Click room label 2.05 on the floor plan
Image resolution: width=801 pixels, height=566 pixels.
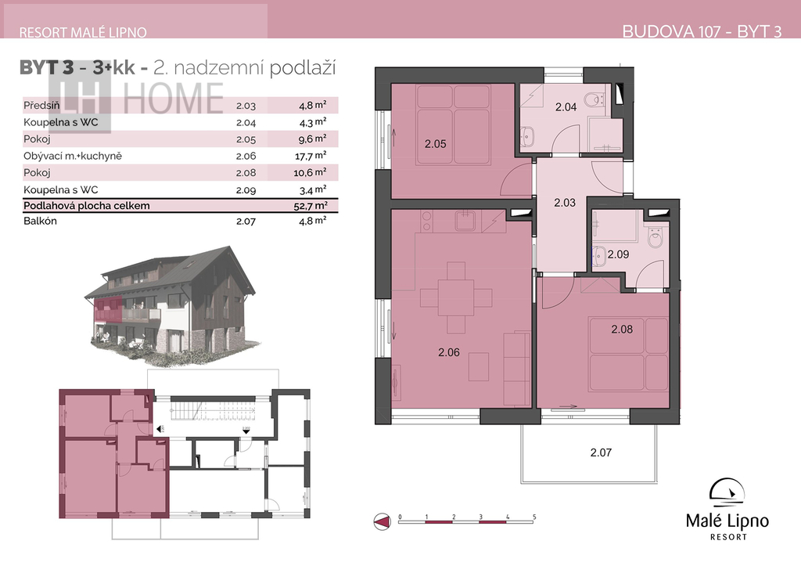(435, 144)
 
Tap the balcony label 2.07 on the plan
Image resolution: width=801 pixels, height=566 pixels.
(601, 452)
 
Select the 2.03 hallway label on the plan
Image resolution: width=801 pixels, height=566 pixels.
(565, 203)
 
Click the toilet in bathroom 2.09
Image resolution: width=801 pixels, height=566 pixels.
(656, 237)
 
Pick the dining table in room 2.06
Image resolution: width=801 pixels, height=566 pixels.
(456, 297)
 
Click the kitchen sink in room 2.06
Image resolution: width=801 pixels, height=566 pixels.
(465, 222)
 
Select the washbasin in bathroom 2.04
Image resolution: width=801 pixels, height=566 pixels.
(527, 136)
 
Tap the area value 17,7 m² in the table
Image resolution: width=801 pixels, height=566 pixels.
(310, 156)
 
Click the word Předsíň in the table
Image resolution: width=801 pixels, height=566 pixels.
(41, 106)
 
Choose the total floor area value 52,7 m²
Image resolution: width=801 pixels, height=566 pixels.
(311, 206)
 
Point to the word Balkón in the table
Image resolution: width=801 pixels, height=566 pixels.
(40, 221)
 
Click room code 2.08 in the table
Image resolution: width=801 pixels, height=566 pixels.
(246, 173)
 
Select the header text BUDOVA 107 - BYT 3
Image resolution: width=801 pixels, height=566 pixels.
(702, 31)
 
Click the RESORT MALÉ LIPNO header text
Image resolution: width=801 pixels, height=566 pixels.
(83, 33)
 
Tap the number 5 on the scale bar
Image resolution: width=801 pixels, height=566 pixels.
(534, 517)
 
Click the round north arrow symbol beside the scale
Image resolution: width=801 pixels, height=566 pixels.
(382, 521)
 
